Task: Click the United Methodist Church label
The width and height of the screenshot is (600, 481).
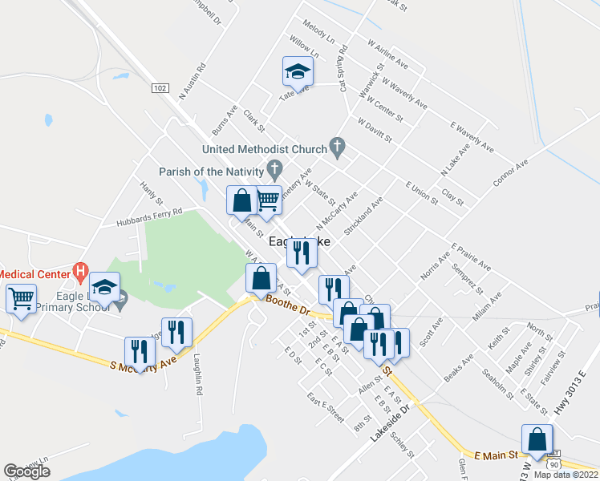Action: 264,149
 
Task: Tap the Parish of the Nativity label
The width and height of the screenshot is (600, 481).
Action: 211,172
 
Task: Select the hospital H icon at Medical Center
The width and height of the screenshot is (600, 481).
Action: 79,273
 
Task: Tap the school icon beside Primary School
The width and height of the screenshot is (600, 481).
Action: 104,286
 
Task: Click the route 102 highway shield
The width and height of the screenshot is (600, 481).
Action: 160,87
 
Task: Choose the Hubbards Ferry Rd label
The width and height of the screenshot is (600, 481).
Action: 149,217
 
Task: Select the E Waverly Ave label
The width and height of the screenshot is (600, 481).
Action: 471,137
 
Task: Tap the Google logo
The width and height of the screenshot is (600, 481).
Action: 26,471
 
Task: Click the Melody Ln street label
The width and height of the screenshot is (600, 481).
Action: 319,32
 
